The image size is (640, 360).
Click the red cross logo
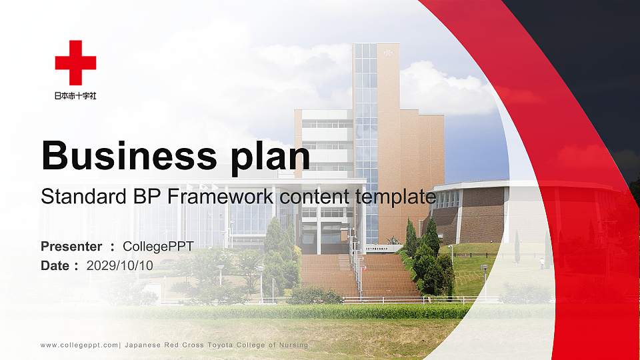pos(75,63)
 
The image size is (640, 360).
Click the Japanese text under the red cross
pos(75,95)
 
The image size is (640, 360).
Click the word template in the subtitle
pos(397,197)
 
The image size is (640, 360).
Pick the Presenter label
pos(71,247)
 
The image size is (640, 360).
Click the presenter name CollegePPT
pos(158,247)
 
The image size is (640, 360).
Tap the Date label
pos(55,265)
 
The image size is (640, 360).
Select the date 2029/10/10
pos(119,265)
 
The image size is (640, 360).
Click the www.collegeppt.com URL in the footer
pos(79,345)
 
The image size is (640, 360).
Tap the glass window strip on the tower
pos(365,133)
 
